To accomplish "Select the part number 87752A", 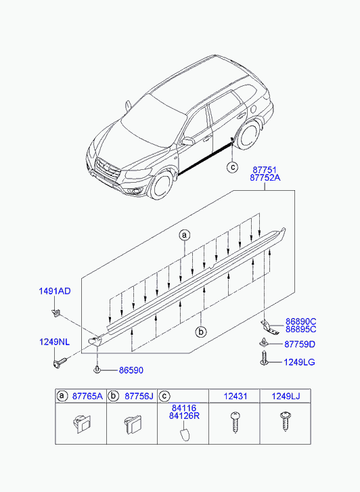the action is pyautogui.click(x=265, y=178).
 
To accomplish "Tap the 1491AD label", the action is pyautogui.click(x=55, y=291).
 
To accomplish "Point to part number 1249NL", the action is pyautogui.click(x=55, y=342).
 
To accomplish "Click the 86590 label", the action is pyautogui.click(x=131, y=370).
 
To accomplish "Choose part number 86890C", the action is pyautogui.click(x=300, y=321).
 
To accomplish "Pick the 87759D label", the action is pyautogui.click(x=300, y=344).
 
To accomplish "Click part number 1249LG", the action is pyautogui.click(x=299, y=362).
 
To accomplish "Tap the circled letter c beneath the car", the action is pyautogui.click(x=233, y=167).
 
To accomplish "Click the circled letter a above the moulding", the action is pyautogui.click(x=185, y=235).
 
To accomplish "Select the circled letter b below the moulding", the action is pyautogui.click(x=200, y=332).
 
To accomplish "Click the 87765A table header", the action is pyautogui.click(x=87, y=396).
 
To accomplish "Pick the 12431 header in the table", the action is pyautogui.click(x=235, y=396).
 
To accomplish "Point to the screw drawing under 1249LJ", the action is pyautogui.click(x=286, y=421).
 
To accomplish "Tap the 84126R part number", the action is pyautogui.click(x=184, y=416).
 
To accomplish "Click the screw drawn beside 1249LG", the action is pyautogui.click(x=263, y=358).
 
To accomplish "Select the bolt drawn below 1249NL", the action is pyautogui.click(x=60, y=363).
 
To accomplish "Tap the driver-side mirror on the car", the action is pyautogui.click(x=187, y=141).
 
